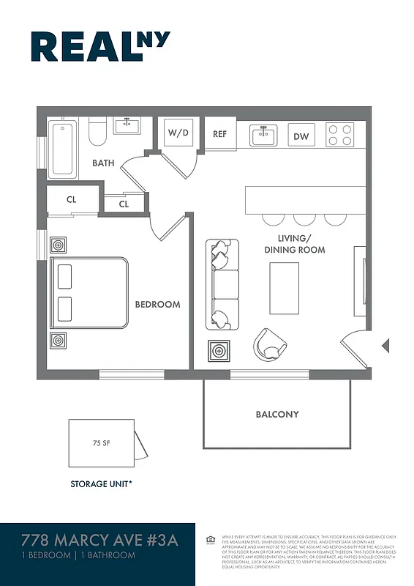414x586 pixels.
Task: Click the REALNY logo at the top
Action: click(x=100, y=46)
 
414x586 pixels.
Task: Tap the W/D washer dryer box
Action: click(x=178, y=133)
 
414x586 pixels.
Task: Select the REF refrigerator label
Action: click(x=219, y=134)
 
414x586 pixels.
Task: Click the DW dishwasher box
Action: click(x=301, y=136)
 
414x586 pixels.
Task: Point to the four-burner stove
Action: click(x=339, y=135)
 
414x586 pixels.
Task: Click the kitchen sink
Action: click(x=263, y=136)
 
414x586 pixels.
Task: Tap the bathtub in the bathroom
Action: click(x=64, y=149)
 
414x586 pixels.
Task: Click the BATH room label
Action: click(x=103, y=163)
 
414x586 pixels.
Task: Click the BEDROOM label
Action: click(x=157, y=304)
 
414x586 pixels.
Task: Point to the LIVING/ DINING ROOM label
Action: click(x=295, y=244)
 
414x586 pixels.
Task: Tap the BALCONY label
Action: click(x=276, y=415)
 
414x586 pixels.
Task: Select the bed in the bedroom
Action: click(x=88, y=292)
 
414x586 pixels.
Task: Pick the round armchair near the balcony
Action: click(x=270, y=344)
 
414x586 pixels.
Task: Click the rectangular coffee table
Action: click(x=284, y=288)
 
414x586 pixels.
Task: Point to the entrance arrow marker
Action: click(x=386, y=346)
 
